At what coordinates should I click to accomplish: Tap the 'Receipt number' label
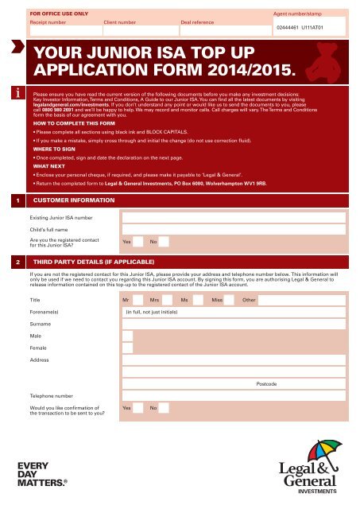pos(47,24)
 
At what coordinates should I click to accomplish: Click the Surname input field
pos(233,325)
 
